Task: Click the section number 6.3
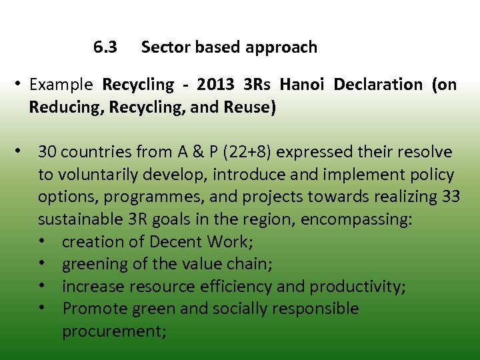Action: pyautogui.click(x=105, y=47)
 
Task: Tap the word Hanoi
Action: pyautogui.click(x=303, y=85)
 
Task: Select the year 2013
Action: pyautogui.click(x=216, y=85)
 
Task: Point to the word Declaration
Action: pyautogui.click(x=378, y=85)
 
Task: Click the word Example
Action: pyautogui.click(x=61, y=85)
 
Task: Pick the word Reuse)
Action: pyautogui.click(x=251, y=107)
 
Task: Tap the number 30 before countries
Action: pyautogui.click(x=47, y=152)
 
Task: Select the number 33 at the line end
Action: pyautogui.click(x=450, y=197)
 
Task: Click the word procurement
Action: pyautogui.click(x=113, y=331)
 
